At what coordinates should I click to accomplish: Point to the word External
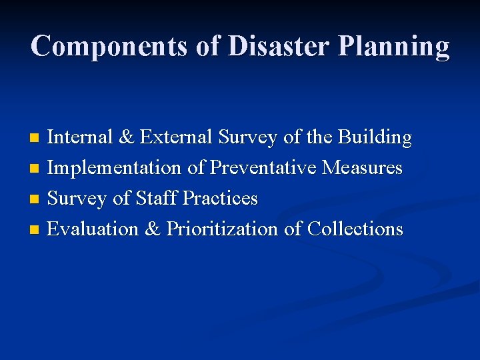[x=175, y=137]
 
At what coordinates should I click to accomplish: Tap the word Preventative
[x=263, y=168]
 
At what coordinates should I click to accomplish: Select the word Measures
[x=363, y=168]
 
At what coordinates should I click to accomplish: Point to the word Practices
[x=220, y=199]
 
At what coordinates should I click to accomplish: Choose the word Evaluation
[x=93, y=229]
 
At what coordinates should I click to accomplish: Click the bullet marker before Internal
[x=35, y=139]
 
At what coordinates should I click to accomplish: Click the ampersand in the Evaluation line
[x=152, y=229]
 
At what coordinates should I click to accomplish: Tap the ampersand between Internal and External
[x=125, y=137]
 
